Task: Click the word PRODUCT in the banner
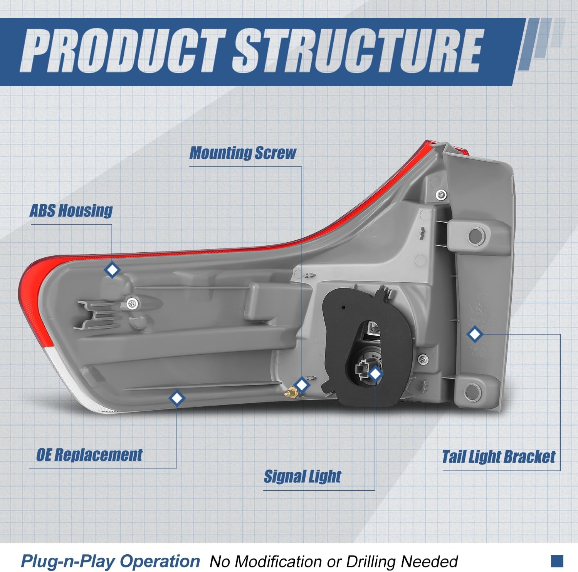pyautogui.click(x=123, y=52)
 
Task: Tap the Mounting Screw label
pyautogui.click(x=243, y=153)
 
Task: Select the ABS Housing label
pyautogui.click(x=71, y=211)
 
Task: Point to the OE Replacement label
pyautogui.click(x=89, y=455)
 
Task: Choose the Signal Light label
pyautogui.click(x=302, y=476)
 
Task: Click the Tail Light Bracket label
pyautogui.click(x=499, y=457)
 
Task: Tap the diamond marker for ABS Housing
pyautogui.click(x=112, y=270)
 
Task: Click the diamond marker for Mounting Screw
pyautogui.click(x=302, y=384)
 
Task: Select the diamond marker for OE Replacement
pyautogui.click(x=177, y=398)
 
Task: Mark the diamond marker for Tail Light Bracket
pyautogui.click(x=474, y=334)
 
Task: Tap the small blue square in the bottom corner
pyautogui.click(x=557, y=561)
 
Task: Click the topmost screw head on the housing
pyautogui.click(x=441, y=195)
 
